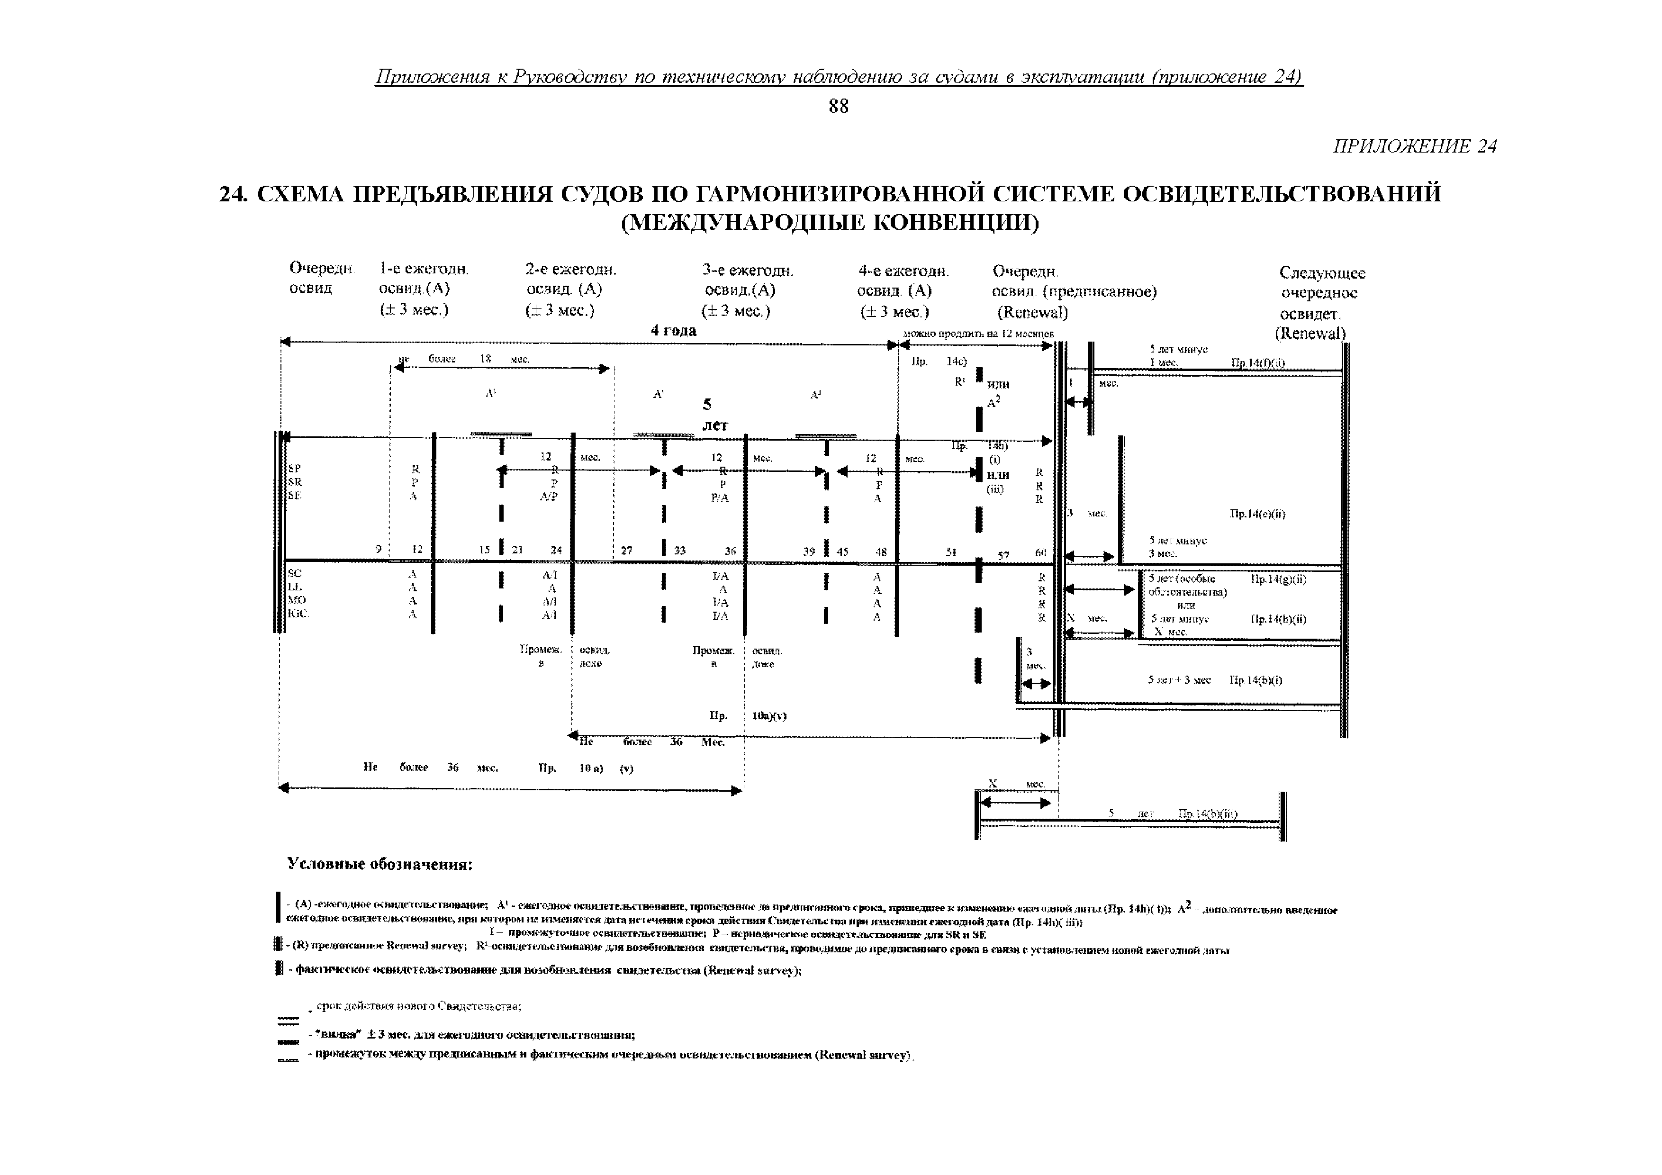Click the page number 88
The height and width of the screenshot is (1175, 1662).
[838, 107]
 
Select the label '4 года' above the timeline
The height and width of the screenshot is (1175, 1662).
[673, 331]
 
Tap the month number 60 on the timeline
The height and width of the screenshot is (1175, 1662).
[1040, 552]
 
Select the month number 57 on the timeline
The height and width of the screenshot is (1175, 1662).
[1003, 555]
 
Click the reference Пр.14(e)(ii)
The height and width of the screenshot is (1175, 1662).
[1257, 514]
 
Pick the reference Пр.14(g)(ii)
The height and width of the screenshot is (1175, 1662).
[1278, 579]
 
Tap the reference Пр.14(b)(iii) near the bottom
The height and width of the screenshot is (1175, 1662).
[1208, 814]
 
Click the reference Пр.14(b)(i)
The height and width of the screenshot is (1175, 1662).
[1256, 680]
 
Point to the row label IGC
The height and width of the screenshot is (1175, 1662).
[298, 613]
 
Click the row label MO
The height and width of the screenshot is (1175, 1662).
[296, 600]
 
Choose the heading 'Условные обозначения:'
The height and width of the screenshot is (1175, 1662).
[380, 864]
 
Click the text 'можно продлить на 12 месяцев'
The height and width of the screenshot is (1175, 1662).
[978, 334]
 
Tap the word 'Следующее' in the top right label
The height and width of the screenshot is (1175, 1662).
[1322, 273]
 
